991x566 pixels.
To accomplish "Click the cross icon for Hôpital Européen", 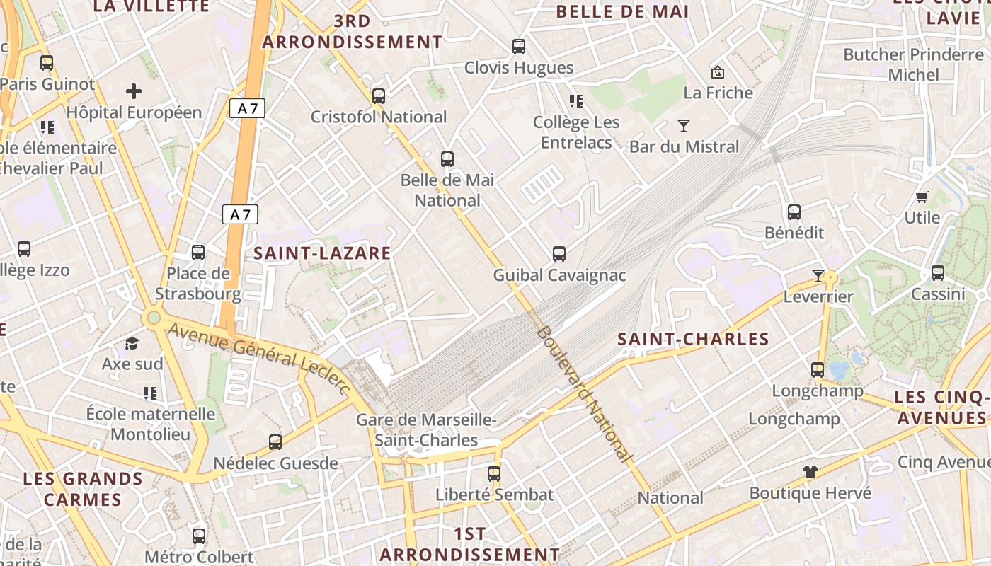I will click(134, 91).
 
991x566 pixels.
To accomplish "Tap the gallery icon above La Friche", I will click(718, 72).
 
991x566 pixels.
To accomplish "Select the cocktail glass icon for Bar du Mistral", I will click(683, 127).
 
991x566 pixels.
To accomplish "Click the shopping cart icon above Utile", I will click(922, 197).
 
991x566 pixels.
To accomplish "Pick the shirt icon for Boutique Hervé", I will click(810, 471).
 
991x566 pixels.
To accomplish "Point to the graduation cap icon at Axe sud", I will click(132, 344).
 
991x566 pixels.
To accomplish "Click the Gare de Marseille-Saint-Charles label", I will click(426, 430).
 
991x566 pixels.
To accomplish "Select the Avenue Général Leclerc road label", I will click(259, 358).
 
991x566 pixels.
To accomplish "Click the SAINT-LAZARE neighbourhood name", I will click(322, 253).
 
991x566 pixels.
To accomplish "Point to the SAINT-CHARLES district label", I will click(693, 340).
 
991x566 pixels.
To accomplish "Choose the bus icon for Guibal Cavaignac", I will click(559, 253).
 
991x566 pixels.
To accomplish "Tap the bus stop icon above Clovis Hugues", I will click(519, 47).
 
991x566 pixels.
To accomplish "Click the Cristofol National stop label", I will click(379, 117).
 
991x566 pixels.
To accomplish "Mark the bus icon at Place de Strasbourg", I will click(198, 253).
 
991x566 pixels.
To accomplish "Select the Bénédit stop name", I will click(794, 233).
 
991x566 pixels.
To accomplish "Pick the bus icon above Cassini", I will click(938, 272).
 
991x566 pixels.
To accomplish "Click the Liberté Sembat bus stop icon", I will click(494, 473).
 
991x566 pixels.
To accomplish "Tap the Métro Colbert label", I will click(199, 557).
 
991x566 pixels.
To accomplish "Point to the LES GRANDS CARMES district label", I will click(83, 489).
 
